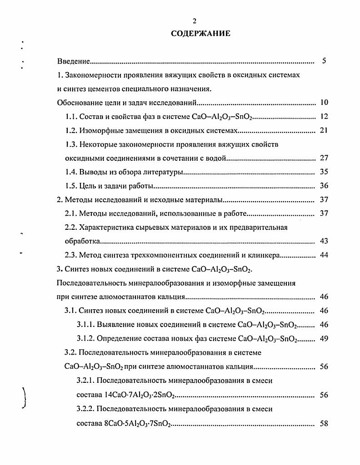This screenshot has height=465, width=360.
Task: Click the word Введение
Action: point(73,61)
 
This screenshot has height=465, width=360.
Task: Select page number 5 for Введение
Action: point(324,60)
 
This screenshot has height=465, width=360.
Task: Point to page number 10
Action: point(324,102)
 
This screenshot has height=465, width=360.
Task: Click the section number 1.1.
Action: point(72,117)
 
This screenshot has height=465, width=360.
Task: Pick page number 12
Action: point(324,117)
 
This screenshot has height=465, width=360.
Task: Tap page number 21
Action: point(324,131)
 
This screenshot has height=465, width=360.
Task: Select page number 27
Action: point(324,158)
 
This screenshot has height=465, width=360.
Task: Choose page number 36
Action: point(324,186)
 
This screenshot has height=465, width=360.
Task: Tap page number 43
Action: point(324,241)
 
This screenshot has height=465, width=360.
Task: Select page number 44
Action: point(324,255)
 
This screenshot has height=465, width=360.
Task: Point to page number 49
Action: point(324,338)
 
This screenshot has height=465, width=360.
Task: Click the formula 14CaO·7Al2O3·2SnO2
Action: point(139,395)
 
